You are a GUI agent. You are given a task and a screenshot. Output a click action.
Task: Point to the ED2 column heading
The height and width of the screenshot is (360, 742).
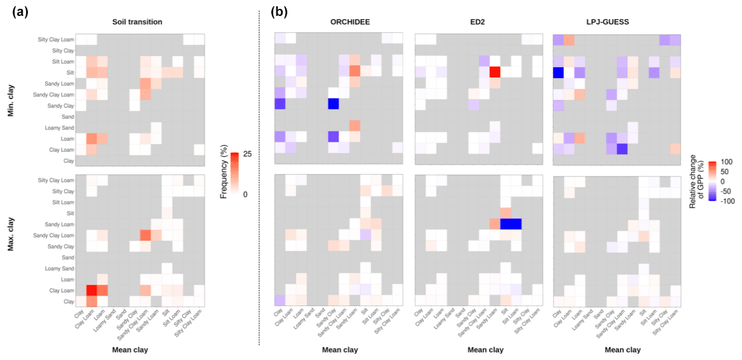[477, 22]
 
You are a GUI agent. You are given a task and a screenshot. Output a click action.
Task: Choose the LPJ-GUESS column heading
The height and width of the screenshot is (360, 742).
[617, 22]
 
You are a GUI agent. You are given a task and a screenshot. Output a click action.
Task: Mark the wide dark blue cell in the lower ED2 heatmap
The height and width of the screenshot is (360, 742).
[511, 223]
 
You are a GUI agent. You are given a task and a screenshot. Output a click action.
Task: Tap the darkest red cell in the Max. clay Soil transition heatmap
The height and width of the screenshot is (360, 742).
[91, 291]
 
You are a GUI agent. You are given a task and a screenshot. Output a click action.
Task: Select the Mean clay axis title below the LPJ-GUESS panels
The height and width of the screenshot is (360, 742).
[623, 349]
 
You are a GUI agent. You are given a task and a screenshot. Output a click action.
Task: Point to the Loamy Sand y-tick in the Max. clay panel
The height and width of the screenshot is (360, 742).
[57, 269]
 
